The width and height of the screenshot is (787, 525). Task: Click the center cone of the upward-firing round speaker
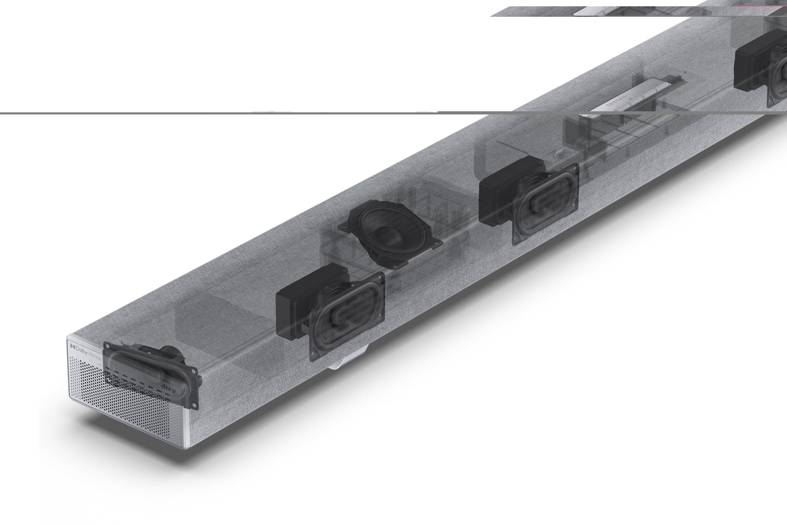coord(389,236)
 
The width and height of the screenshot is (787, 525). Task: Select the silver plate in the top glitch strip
coord(599,11)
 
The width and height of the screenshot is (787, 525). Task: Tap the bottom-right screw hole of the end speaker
coord(194,404)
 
